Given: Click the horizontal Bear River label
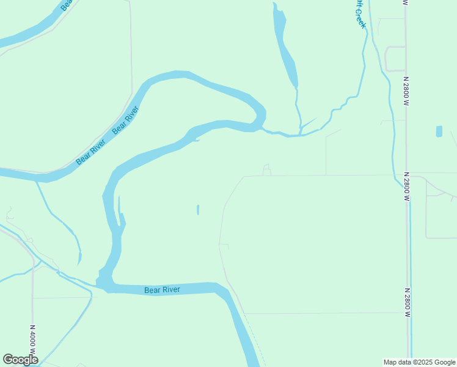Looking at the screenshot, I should pos(163,290).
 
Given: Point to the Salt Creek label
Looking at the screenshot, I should pos(360,13).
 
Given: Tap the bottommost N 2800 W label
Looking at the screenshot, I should pos(406,302).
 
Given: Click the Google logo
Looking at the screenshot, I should pos(20,360).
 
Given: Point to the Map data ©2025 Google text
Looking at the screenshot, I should pos(419,362).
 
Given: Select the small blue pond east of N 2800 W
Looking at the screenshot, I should pos(439,132).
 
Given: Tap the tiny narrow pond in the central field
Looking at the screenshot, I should pos(198,210).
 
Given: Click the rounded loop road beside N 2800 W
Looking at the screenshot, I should pos(394,59).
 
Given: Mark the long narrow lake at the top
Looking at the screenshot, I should pos(285,49).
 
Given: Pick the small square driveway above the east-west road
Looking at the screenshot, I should pos(266,169).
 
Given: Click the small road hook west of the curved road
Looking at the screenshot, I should pos(225,245).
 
